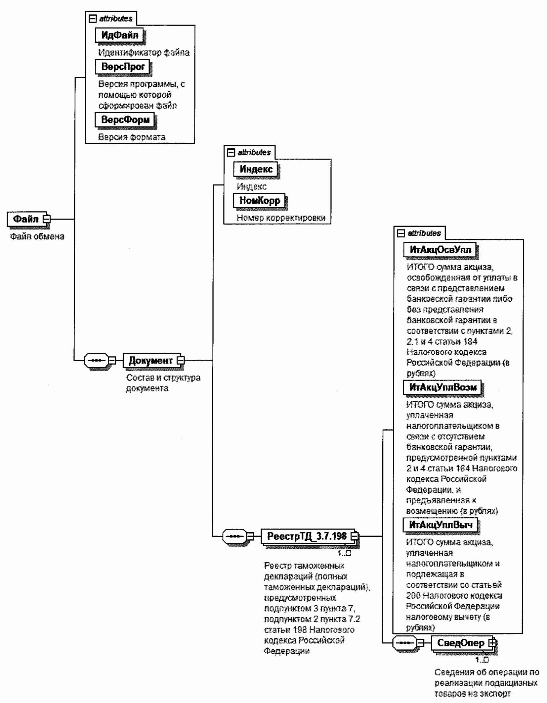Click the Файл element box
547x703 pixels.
[x=26, y=219]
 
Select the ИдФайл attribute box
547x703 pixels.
[x=119, y=35]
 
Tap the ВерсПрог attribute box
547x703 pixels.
[x=123, y=67]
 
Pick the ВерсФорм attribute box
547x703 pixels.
[x=125, y=120]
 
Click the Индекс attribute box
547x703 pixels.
[x=256, y=169]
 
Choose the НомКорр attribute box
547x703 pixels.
[x=260, y=200]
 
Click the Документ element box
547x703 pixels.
[x=151, y=360]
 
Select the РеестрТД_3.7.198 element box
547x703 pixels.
[x=307, y=536]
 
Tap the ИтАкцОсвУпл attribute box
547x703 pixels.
[x=440, y=250]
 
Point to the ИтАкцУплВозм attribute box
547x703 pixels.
[x=442, y=387]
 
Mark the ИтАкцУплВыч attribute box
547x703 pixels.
[x=441, y=525]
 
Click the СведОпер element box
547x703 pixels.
[x=461, y=643]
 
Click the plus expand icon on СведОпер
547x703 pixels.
[x=492, y=642]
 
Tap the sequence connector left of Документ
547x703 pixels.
[x=97, y=360]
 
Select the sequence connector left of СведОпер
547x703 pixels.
[x=405, y=643]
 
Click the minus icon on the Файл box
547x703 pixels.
[x=47, y=219]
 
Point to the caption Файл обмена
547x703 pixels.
[x=37, y=236]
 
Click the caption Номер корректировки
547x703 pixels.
[x=281, y=218]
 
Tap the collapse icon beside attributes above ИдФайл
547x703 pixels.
[x=93, y=19]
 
